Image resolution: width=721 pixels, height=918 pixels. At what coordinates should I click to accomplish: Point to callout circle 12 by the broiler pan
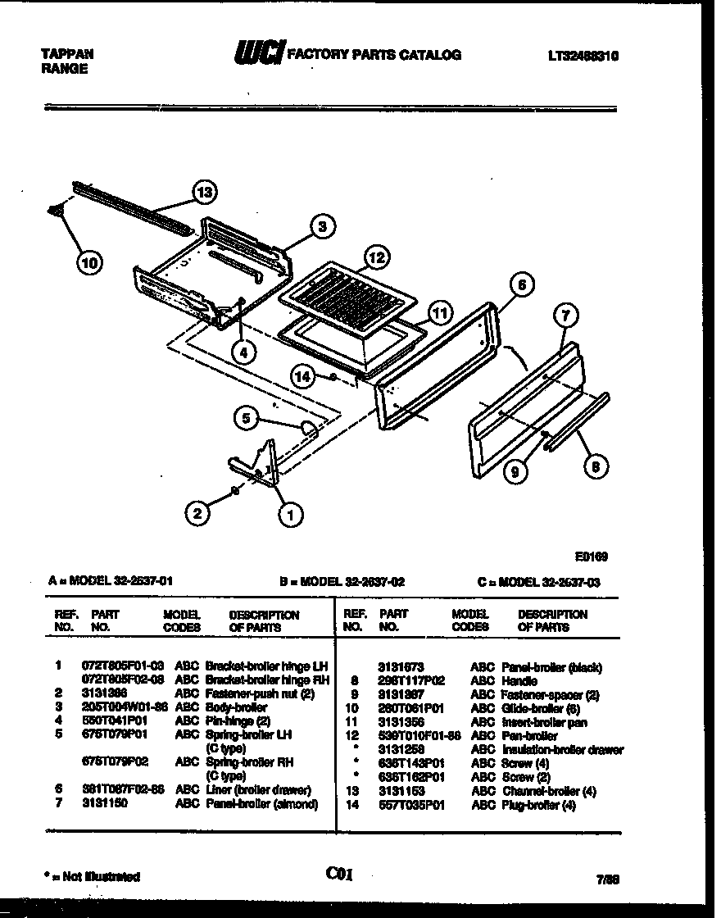(374, 258)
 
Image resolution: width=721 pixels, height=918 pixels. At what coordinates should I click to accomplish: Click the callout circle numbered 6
(521, 285)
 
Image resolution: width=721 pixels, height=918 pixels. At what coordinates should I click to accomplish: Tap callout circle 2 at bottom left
(197, 514)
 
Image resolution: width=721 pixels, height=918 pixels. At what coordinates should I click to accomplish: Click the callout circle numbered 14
(303, 375)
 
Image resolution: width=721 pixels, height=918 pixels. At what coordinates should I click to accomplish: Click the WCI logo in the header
(258, 54)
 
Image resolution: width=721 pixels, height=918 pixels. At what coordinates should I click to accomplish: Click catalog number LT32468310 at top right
(583, 56)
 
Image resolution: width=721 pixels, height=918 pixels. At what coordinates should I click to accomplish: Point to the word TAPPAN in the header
(67, 54)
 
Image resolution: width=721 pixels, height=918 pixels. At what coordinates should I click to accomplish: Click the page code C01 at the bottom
(338, 874)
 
